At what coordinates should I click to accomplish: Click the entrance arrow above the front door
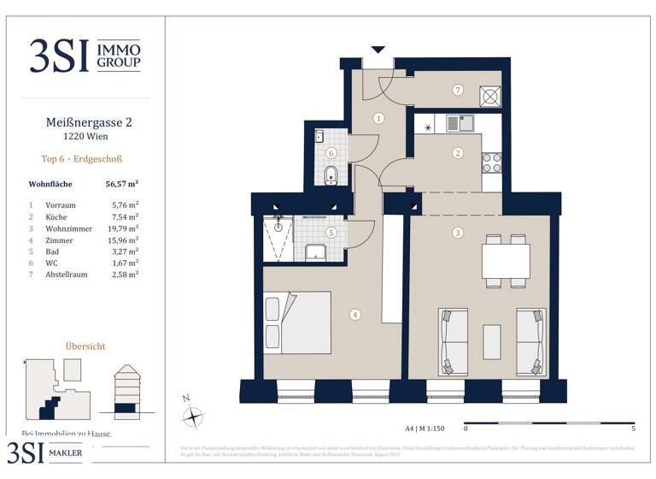[x=378, y=50]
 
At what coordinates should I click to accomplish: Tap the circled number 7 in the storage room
[x=458, y=90]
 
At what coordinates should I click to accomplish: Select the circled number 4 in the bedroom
[x=355, y=315]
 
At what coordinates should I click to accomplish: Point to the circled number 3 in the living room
[x=458, y=233]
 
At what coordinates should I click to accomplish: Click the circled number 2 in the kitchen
[x=458, y=153]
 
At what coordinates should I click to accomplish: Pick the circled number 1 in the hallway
[x=378, y=119]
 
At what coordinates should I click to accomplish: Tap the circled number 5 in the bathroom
[x=331, y=232]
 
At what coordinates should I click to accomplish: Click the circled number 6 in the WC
[x=331, y=154]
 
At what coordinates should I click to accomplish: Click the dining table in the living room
[x=506, y=261]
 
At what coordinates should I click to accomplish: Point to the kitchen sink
[x=466, y=123]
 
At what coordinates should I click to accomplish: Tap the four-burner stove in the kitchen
[x=492, y=162]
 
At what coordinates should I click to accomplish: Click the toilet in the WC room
[x=331, y=177]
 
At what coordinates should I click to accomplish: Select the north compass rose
[x=194, y=417]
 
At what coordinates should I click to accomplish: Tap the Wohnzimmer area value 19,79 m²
[x=125, y=229]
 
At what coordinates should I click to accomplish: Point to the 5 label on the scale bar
[x=633, y=428]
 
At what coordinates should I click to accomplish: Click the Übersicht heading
[x=85, y=346]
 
